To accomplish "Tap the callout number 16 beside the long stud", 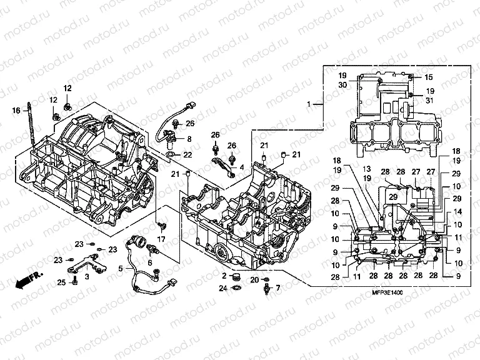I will click(x=16, y=111).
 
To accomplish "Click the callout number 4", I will click(x=242, y=167).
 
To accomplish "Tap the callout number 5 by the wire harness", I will click(x=121, y=268).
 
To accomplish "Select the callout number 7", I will click(x=279, y=288).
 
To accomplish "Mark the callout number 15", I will click(x=429, y=77).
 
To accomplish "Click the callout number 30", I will click(x=342, y=85).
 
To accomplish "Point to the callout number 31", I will click(x=429, y=101).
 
